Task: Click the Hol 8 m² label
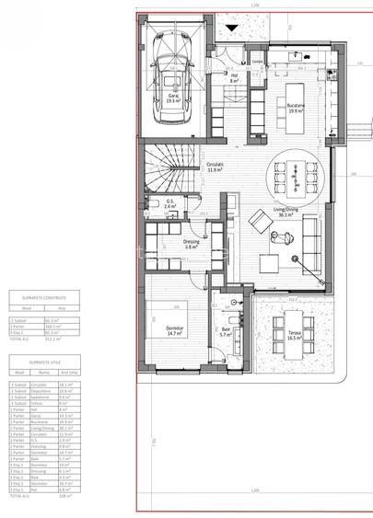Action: [x=234, y=78]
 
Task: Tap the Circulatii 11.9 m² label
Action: [x=217, y=167]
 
